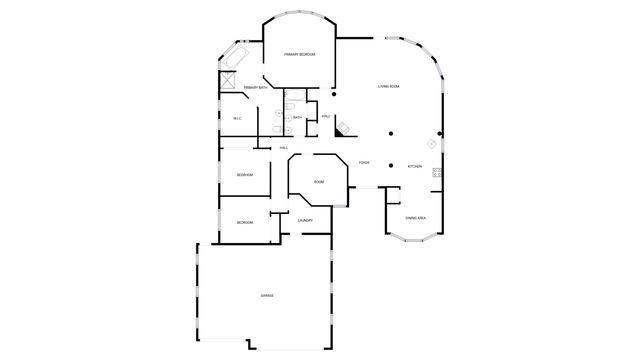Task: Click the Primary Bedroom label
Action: point(299,54)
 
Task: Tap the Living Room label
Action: point(389,87)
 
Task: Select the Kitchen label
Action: point(414,166)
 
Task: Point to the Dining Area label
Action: point(415,217)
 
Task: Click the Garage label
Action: point(268,296)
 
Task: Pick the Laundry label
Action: point(305,220)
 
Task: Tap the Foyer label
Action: point(365,162)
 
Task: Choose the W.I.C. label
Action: point(238,119)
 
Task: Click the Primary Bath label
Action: point(256,88)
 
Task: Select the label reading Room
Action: point(319,182)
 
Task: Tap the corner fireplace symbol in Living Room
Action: point(343,127)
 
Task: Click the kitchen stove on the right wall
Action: point(437,173)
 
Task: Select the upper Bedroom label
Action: point(245,175)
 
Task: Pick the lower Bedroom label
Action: point(245,222)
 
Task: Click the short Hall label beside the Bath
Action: point(326,116)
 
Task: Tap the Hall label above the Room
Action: point(284,148)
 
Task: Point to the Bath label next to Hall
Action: point(297,117)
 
